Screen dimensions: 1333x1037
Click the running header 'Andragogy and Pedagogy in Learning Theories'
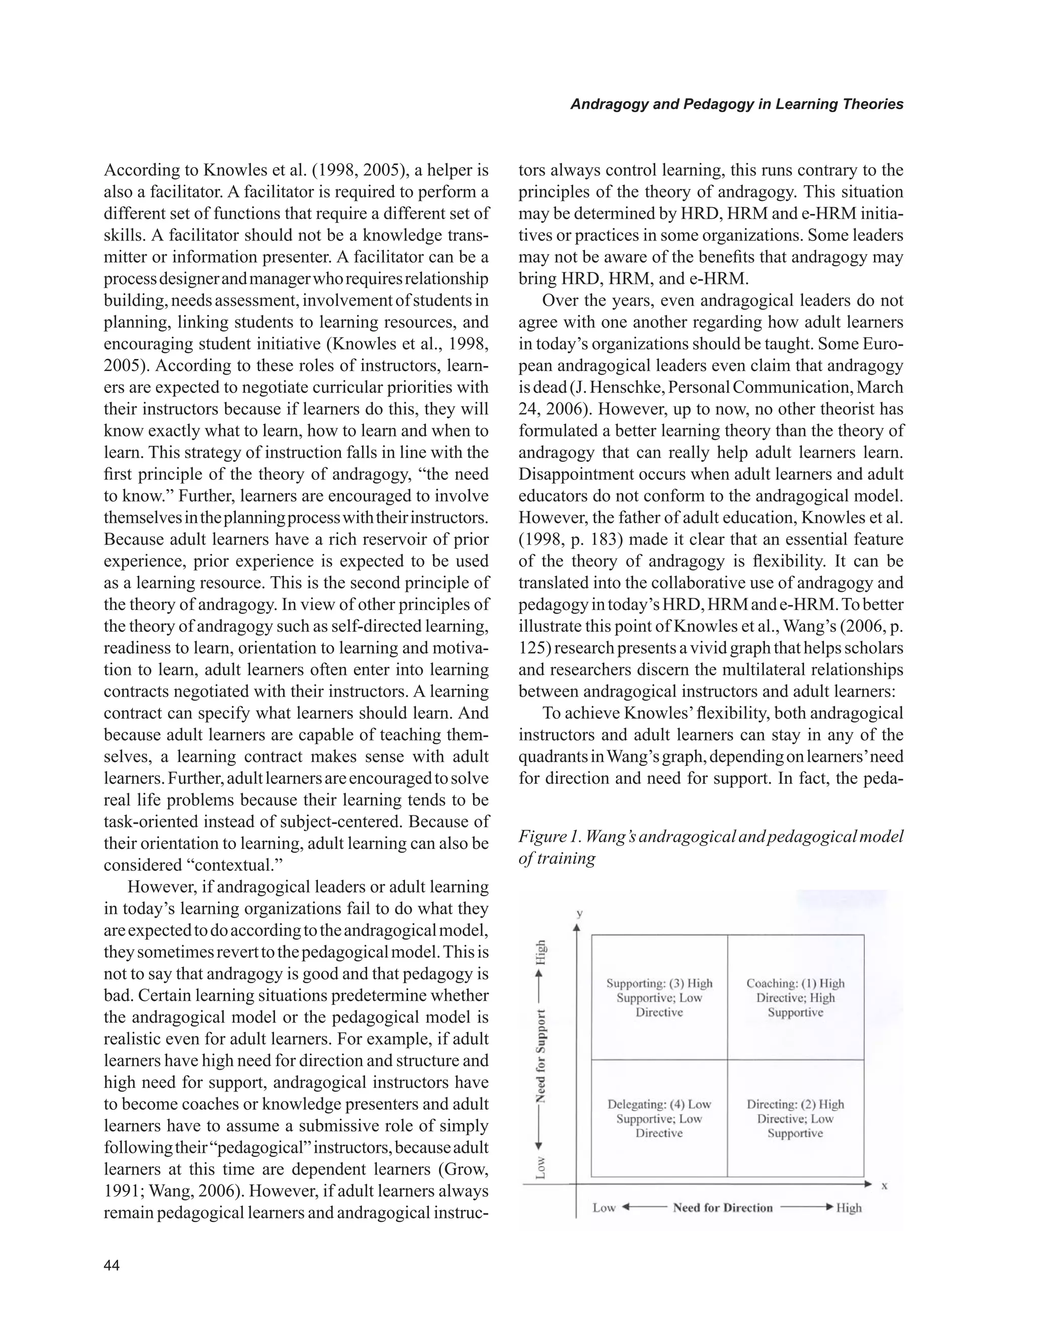point(736,104)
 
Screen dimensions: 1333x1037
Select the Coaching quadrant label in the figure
point(795,997)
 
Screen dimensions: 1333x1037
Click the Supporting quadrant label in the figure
point(659,997)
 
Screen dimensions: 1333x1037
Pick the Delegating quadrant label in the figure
point(659,1118)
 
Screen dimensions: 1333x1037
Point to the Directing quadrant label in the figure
point(795,1118)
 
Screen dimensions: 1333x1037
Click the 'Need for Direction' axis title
point(723,1207)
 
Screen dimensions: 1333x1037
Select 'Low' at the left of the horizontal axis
point(604,1207)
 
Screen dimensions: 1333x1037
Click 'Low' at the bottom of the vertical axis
point(541,1167)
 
